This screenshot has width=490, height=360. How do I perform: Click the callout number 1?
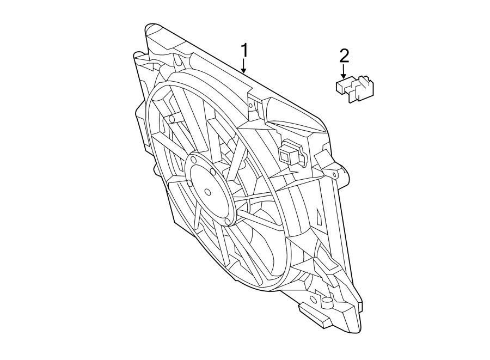[244, 51]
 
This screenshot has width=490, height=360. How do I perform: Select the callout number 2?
[344, 56]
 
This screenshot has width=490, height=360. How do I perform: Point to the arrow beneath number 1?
[244, 67]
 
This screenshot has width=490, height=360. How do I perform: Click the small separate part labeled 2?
[355, 89]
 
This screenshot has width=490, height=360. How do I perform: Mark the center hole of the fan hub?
[208, 192]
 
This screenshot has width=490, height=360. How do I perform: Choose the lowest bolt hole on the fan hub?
[227, 221]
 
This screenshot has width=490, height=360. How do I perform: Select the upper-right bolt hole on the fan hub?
[213, 173]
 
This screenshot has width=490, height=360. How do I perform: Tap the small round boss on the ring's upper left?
[172, 118]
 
